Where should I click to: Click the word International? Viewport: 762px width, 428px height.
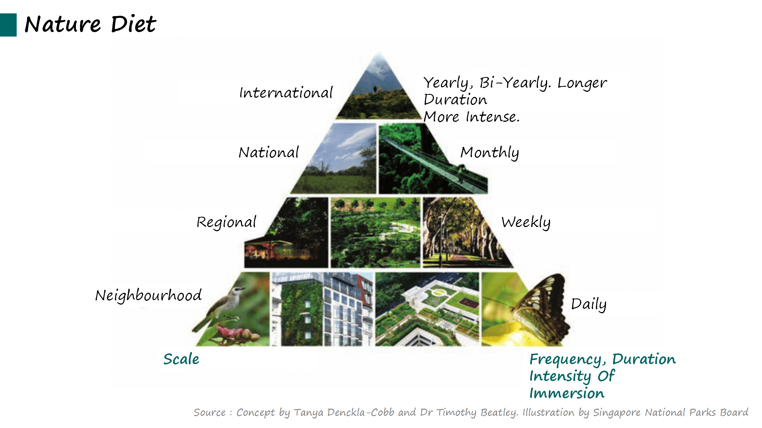(286, 92)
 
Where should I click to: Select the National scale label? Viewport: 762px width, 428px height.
(269, 152)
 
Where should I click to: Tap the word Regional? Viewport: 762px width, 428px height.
(227, 222)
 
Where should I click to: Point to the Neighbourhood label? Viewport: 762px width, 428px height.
(149, 295)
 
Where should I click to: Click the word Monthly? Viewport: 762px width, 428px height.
(490, 153)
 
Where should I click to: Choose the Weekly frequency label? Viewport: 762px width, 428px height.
(526, 222)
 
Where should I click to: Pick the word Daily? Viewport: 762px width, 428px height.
(588, 304)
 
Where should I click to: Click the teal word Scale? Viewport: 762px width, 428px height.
(181, 359)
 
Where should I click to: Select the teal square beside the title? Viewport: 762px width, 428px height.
(8, 25)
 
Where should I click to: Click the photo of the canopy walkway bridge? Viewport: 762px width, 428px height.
(433, 159)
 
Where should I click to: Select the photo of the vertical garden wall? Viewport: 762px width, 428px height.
(321, 309)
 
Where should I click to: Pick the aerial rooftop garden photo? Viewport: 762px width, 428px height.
(427, 309)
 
